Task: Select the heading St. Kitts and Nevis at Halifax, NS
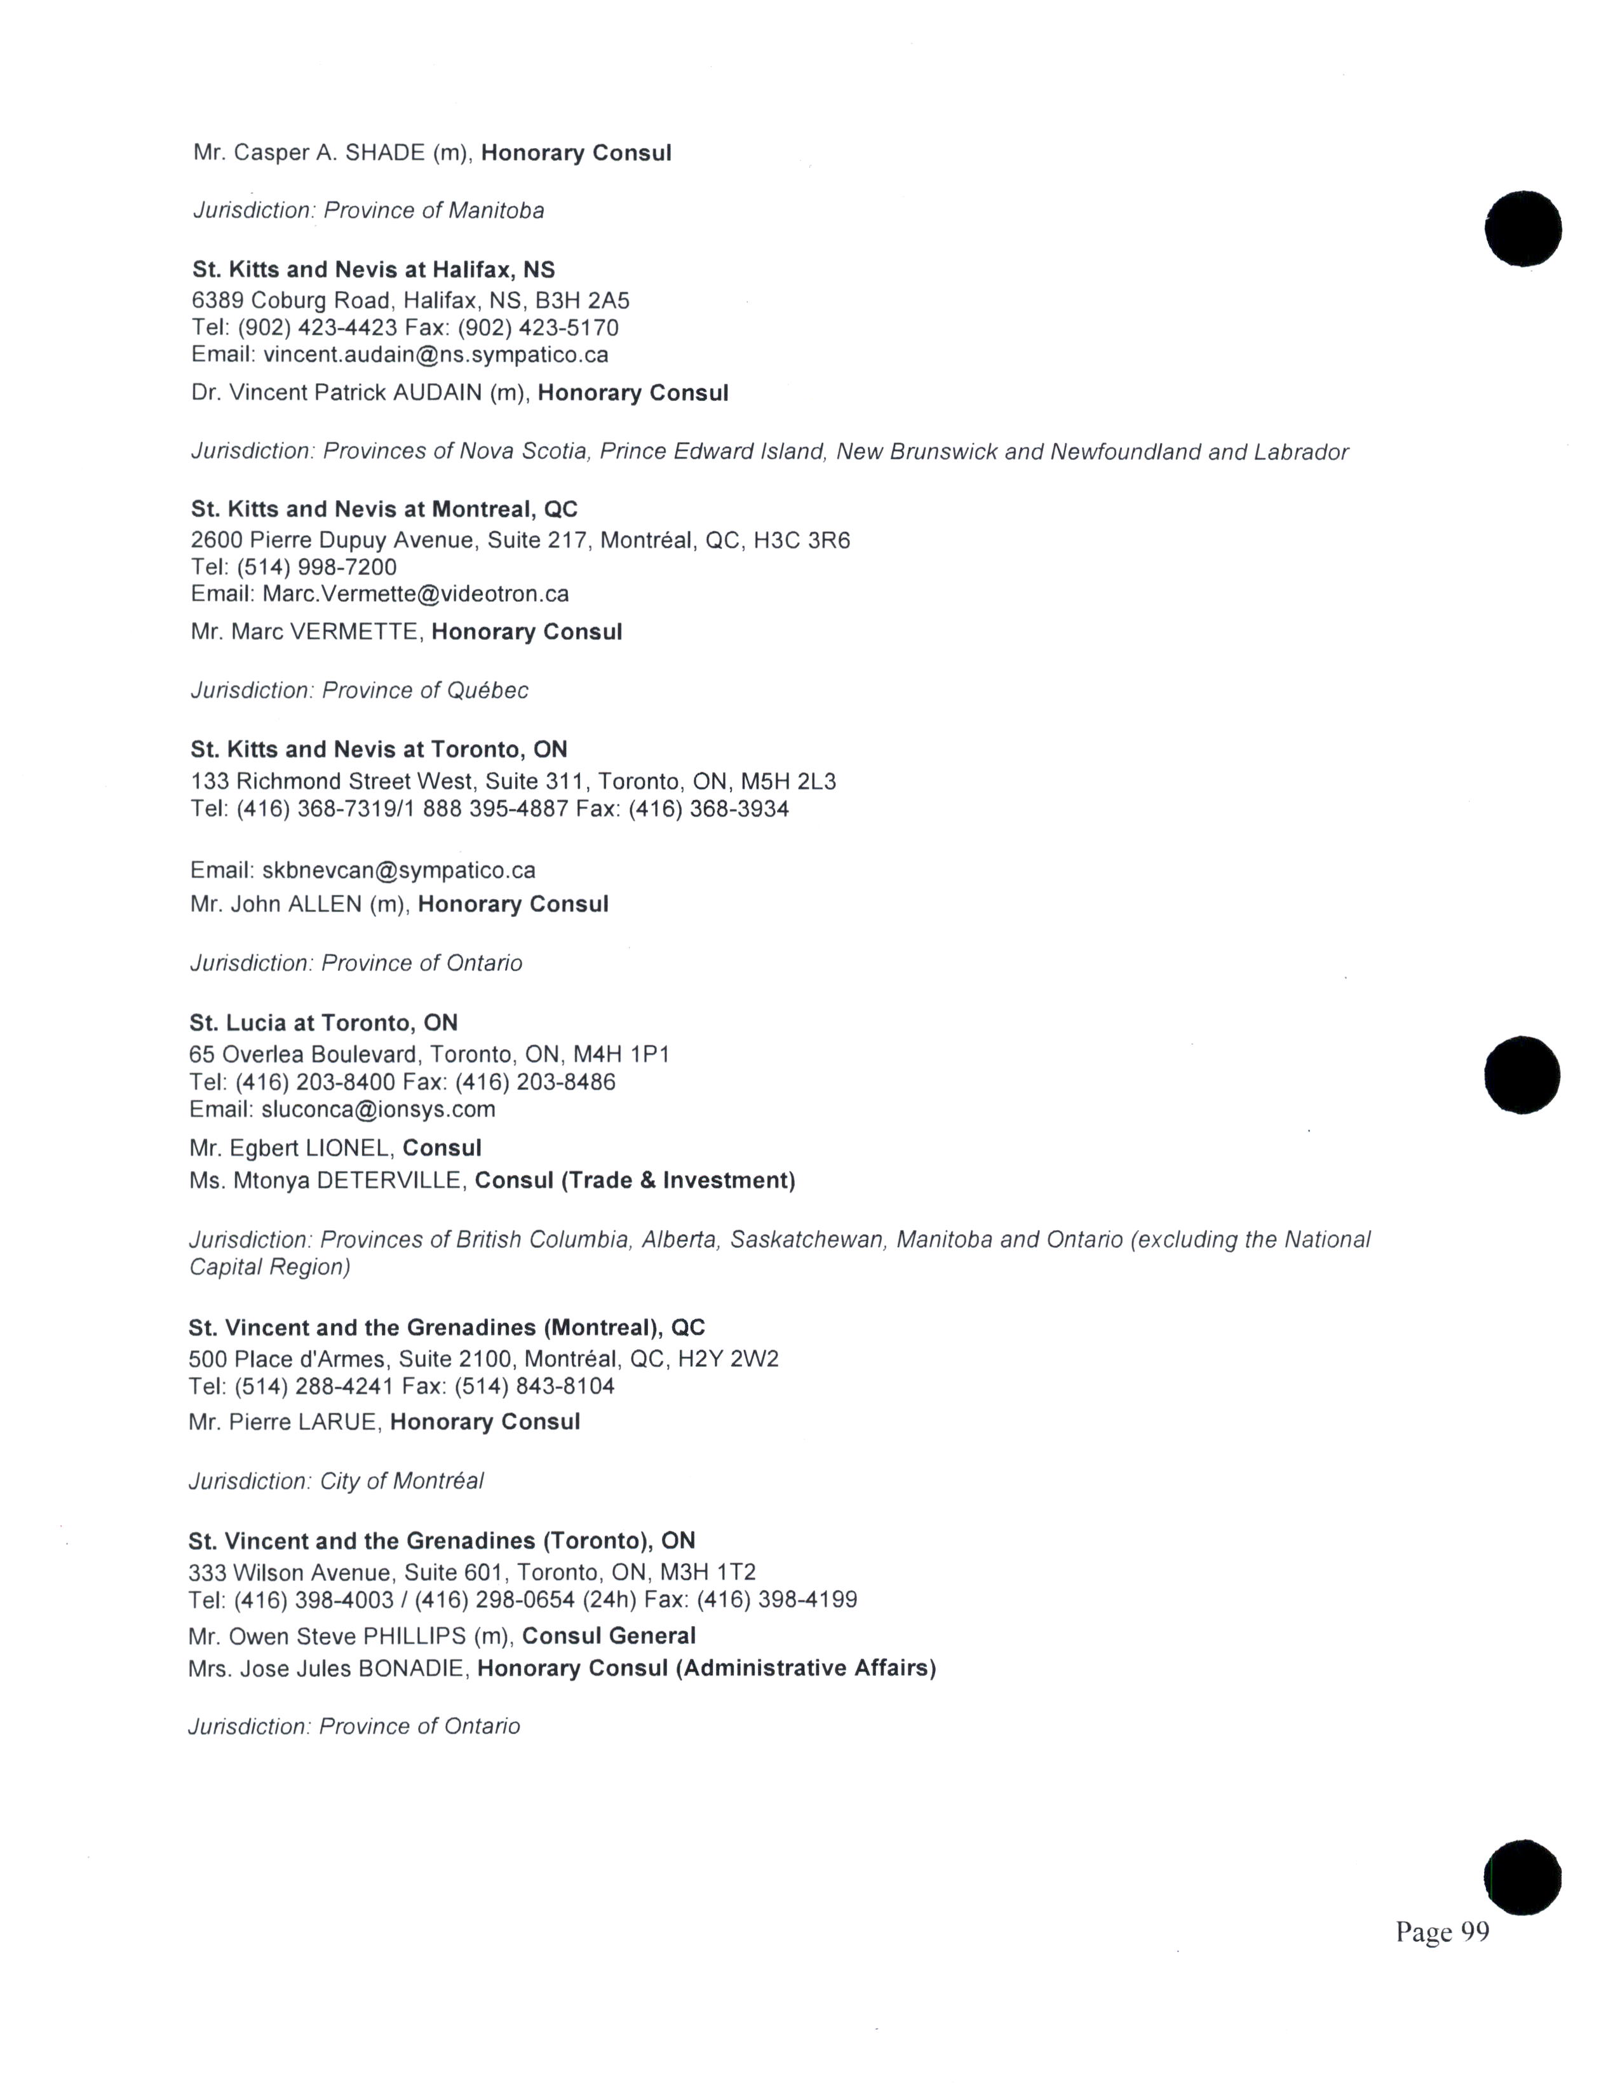374,270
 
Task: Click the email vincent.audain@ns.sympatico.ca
436,355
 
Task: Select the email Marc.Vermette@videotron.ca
415,594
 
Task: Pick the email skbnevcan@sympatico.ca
398,871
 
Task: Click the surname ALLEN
325,904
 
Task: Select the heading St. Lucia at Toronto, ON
323,1022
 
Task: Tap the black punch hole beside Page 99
1522,1878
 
